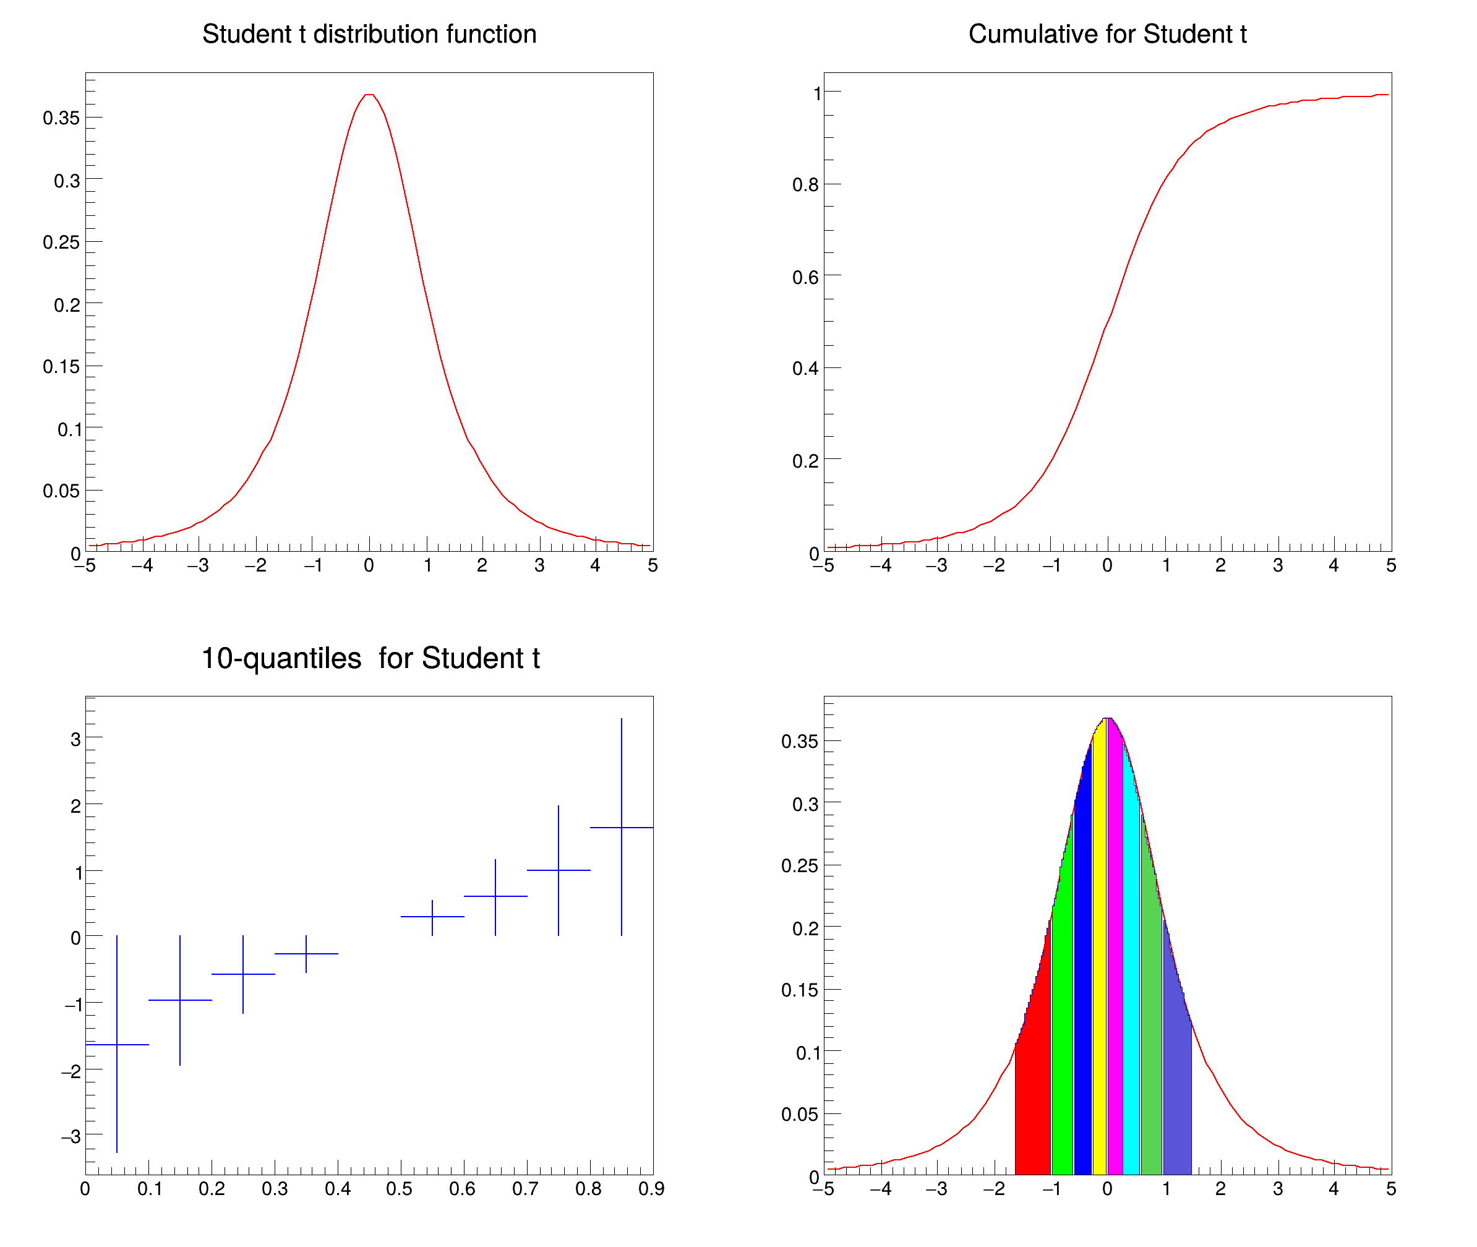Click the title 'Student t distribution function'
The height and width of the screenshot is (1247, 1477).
coord(369,34)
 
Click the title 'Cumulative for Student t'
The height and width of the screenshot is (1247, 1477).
coord(1107,34)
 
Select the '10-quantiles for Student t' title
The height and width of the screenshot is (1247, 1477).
coord(370,658)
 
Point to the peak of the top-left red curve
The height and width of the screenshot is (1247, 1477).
coord(369,95)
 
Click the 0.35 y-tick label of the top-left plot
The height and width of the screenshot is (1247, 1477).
coord(61,118)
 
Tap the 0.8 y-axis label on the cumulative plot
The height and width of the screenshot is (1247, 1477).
coord(805,185)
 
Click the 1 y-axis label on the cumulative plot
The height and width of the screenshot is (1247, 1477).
coord(817,93)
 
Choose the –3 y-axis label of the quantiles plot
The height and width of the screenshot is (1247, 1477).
coord(71,1137)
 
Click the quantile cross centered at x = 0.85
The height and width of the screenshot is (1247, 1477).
coord(621,827)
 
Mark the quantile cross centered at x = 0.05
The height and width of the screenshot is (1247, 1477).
coord(118,1044)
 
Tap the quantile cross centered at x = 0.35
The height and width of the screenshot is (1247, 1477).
coord(306,954)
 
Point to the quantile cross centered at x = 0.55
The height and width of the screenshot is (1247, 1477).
coord(432,917)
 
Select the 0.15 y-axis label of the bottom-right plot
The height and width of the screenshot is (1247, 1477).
coord(799,990)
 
